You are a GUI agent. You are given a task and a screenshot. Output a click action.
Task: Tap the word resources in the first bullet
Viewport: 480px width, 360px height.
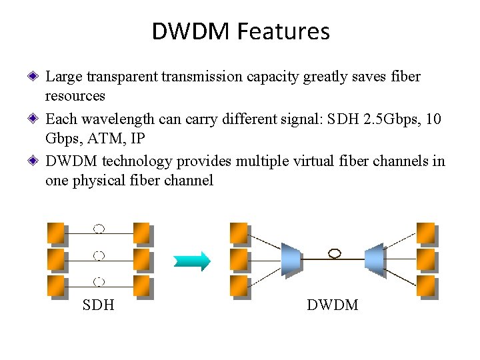coord(75,95)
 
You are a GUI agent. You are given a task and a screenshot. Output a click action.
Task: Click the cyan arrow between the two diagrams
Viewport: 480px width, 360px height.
coord(192,260)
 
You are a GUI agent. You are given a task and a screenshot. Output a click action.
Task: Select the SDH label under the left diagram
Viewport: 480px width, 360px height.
coord(98,305)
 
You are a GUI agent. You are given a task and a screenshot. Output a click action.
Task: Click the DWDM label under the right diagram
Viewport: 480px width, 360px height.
coord(332,305)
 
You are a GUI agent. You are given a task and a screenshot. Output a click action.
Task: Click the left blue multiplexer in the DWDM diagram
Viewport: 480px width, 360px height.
coord(291,259)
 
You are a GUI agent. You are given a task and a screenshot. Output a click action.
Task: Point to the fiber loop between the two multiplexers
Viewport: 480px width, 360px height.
coord(335,253)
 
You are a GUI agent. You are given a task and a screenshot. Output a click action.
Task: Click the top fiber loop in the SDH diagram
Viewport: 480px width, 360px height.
coord(99,229)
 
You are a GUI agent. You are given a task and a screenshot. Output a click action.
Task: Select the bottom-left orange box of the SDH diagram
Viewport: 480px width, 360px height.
coord(55,285)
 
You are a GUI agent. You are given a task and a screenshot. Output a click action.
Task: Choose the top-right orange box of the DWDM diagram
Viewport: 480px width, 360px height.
coord(425,232)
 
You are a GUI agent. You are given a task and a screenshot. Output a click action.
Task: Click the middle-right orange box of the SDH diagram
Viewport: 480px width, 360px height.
coord(141,258)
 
